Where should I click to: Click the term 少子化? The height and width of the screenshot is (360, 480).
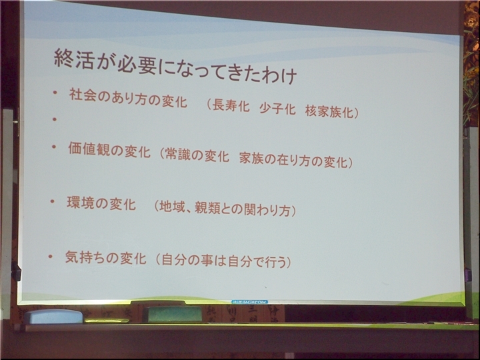[x=277, y=109]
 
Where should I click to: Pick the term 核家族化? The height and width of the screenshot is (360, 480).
[x=329, y=111]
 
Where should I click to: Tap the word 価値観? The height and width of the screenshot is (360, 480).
[x=89, y=149]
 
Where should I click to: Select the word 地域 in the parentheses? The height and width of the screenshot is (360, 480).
[x=172, y=207]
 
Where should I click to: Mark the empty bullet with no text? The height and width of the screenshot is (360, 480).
[x=55, y=119]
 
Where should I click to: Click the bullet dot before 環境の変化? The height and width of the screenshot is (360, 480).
[x=53, y=201]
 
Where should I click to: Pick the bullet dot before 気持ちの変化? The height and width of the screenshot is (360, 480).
[x=51, y=257]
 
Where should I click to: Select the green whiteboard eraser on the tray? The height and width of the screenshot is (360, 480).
[x=173, y=314]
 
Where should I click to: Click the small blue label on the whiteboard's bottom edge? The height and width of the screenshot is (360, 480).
[x=249, y=302]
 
